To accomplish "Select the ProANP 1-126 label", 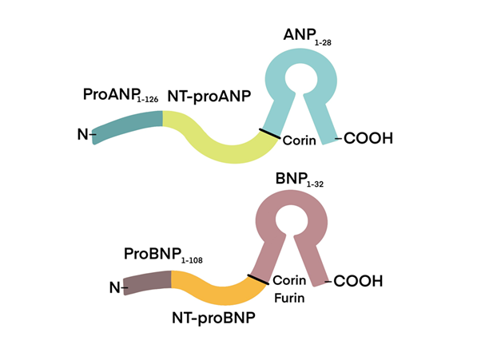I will click(x=121, y=95).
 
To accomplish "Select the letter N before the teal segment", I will click(x=82, y=135).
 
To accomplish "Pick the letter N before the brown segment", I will click(x=113, y=287).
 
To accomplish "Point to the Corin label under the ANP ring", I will click(x=299, y=140).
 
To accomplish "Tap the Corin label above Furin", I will click(x=288, y=281).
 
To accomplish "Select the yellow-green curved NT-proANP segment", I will click(x=216, y=144).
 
